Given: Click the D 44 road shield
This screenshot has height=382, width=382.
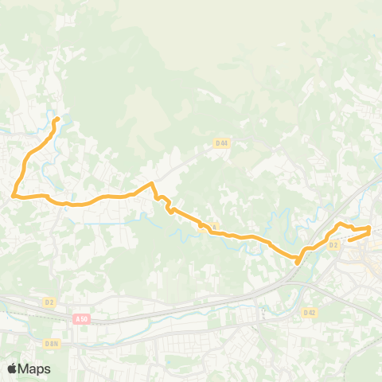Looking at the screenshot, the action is click(x=222, y=143).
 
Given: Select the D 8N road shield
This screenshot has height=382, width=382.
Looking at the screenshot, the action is click(x=53, y=343).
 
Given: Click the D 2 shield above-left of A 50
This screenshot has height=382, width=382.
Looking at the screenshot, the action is click(x=49, y=302).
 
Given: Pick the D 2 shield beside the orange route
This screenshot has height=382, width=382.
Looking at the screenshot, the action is click(x=333, y=245).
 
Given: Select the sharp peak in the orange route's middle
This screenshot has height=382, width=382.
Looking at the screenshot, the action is click(x=151, y=183).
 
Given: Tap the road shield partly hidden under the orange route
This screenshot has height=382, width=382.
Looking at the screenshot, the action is click(x=214, y=228).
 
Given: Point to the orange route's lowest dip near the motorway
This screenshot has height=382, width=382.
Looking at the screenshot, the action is click(x=297, y=260).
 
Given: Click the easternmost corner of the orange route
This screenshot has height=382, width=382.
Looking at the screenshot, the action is click(x=370, y=229).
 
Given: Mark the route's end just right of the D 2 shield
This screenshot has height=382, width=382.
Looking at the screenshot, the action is click(x=349, y=239).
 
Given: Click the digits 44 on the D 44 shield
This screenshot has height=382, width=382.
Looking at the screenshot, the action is click(x=224, y=143).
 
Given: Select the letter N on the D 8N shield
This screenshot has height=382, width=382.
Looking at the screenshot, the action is click(x=57, y=343).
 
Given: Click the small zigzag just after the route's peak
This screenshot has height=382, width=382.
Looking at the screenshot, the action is click(x=170, y=209).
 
